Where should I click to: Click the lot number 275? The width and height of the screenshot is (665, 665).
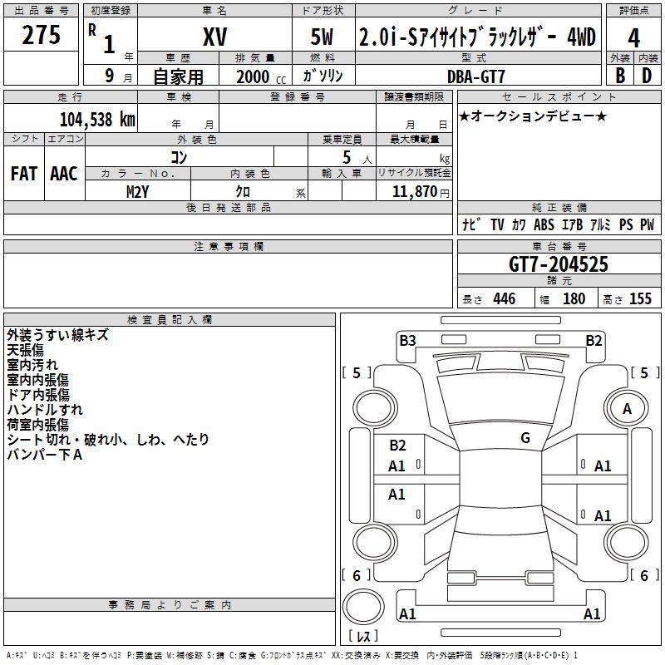point(41,35)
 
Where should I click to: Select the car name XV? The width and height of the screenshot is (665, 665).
point(215,37)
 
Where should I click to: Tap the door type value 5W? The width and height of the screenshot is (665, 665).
point(322,37)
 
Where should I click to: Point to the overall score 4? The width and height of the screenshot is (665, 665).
point(633,38)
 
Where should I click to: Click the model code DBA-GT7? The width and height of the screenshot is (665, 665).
point(475,76)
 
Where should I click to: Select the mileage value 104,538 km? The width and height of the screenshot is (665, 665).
point(97,120)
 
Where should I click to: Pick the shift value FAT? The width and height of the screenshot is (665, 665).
point(24,174)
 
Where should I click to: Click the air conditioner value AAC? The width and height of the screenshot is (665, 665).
point(64,174)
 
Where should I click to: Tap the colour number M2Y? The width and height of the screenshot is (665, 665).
point(137,192)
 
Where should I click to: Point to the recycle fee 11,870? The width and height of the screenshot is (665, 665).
point(414,192)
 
